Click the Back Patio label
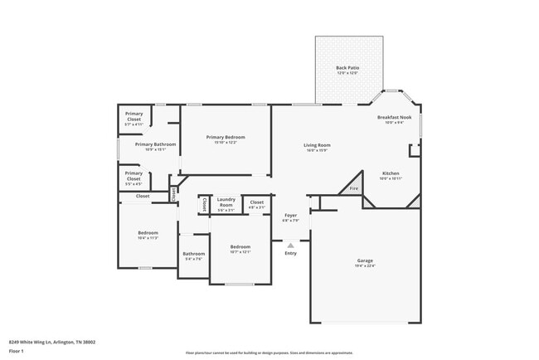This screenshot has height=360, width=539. point(347,67)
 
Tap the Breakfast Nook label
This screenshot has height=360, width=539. point(395,118)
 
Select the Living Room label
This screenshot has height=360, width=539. point(317,145)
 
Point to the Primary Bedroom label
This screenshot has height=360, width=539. point(226,137)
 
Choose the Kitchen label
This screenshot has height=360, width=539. point(391,173)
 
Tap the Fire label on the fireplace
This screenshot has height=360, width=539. point(353,188)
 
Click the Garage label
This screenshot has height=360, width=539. point(365,260)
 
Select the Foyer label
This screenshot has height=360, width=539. point(290,215)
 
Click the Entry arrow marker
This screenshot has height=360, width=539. point(290,245)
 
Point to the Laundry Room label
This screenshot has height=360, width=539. point(226,202)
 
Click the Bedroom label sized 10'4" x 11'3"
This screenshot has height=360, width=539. point(148,233)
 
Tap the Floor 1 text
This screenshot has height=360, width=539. point(17,351)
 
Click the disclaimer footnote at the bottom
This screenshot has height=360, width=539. point(269,353)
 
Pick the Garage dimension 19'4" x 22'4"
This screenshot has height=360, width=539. point(365,266)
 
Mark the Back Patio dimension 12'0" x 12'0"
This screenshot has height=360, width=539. point(347,73)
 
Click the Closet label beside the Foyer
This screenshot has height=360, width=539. point(257,202)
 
